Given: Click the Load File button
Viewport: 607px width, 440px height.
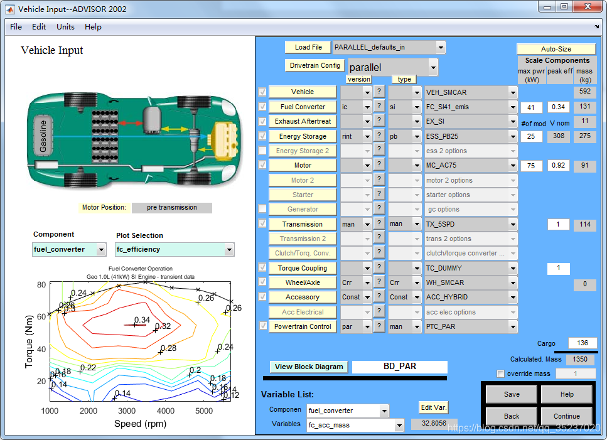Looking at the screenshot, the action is click(308, 47).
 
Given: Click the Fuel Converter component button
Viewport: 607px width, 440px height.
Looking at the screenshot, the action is click(303, 107).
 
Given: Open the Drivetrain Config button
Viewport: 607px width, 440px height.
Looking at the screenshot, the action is click(315, 65).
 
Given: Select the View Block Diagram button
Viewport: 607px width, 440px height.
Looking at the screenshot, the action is click(309, 367).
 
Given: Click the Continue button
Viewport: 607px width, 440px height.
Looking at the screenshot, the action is click(566, 416).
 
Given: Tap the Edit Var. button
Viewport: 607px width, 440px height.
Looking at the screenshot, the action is click(433, 407).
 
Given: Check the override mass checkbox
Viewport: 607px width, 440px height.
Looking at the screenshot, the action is click(500, 374).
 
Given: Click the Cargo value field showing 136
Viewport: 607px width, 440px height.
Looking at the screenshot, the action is click(582, 343).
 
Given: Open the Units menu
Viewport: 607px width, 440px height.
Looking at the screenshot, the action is click(65, 27).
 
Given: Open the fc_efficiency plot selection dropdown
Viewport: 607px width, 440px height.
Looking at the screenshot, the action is click(175, 249).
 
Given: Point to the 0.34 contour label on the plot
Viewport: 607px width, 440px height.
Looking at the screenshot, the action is click(142, 320).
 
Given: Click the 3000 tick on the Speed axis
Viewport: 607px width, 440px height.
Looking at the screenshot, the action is click(127, 410).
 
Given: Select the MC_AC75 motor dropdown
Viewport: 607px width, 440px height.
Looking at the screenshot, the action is click(471, 165).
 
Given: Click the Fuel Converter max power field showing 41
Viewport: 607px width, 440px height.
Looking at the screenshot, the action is click(531, 107).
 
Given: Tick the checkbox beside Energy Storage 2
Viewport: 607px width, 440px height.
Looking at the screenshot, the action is click(262, 151).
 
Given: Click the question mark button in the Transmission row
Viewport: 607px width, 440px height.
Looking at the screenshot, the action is click(379, 224).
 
